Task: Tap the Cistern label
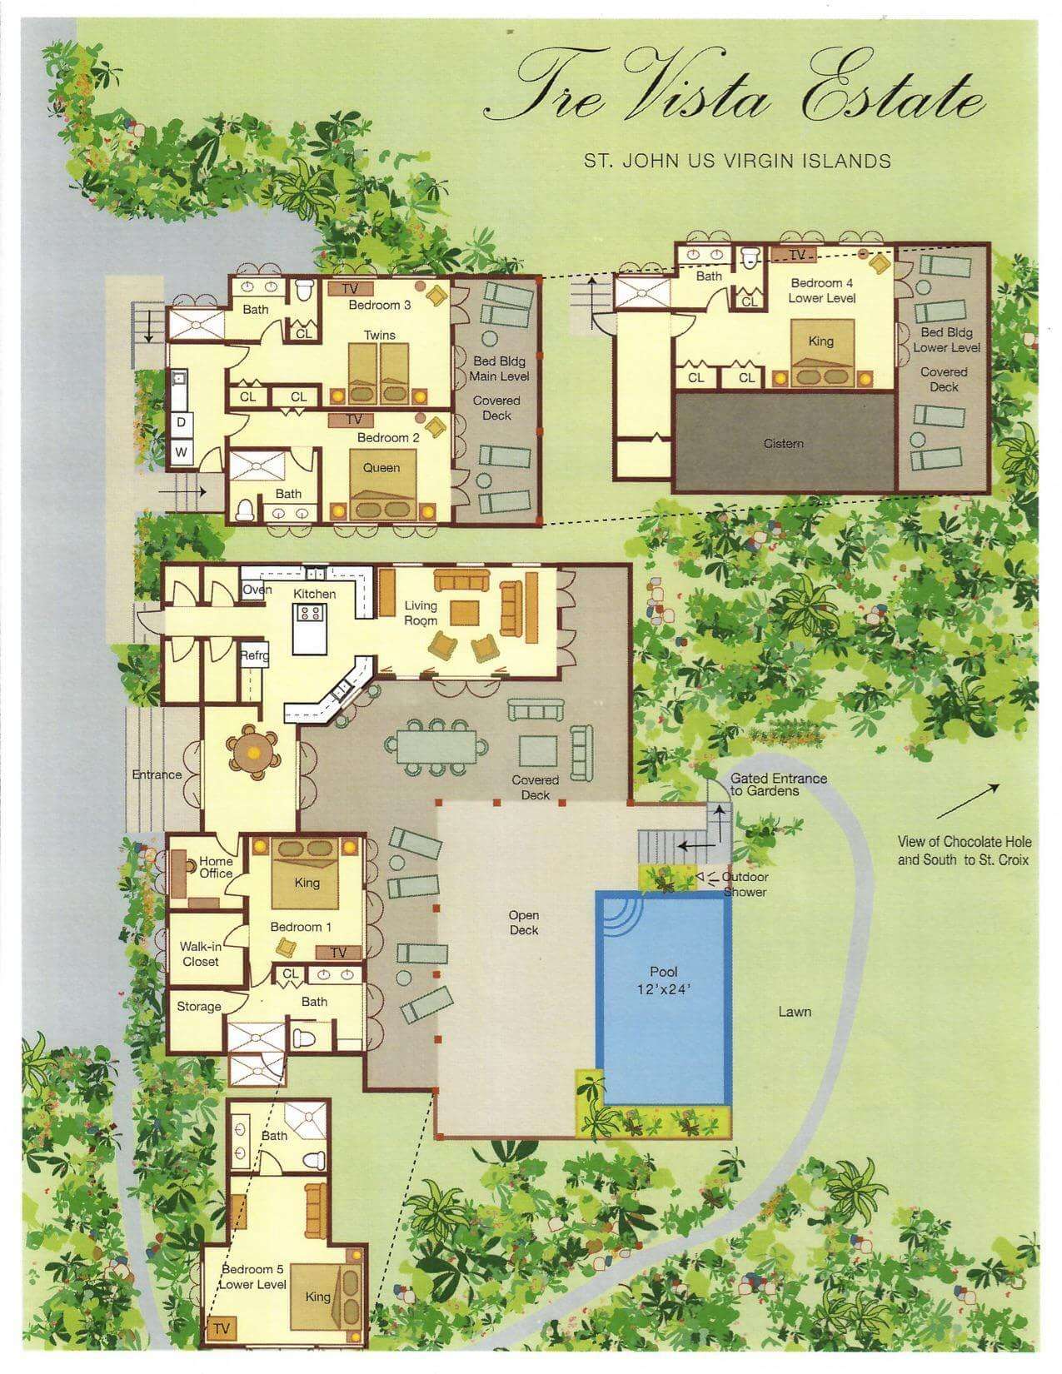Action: pos(783,443)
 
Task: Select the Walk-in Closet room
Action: pos(200,954)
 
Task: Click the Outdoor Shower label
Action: pos(745,884)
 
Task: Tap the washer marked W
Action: pos(181,452)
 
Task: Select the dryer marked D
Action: pos(181,422)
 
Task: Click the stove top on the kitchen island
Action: pos(310,614)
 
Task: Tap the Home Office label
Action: pos(215,868)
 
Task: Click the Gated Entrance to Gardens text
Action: pos(778,784)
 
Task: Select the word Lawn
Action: pos(795,1012)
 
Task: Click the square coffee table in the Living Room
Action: pos(464,612)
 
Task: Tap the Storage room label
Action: pos(198,1007)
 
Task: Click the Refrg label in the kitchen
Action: pos(254,655)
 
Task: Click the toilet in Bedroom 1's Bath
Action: pos(303,1038)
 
